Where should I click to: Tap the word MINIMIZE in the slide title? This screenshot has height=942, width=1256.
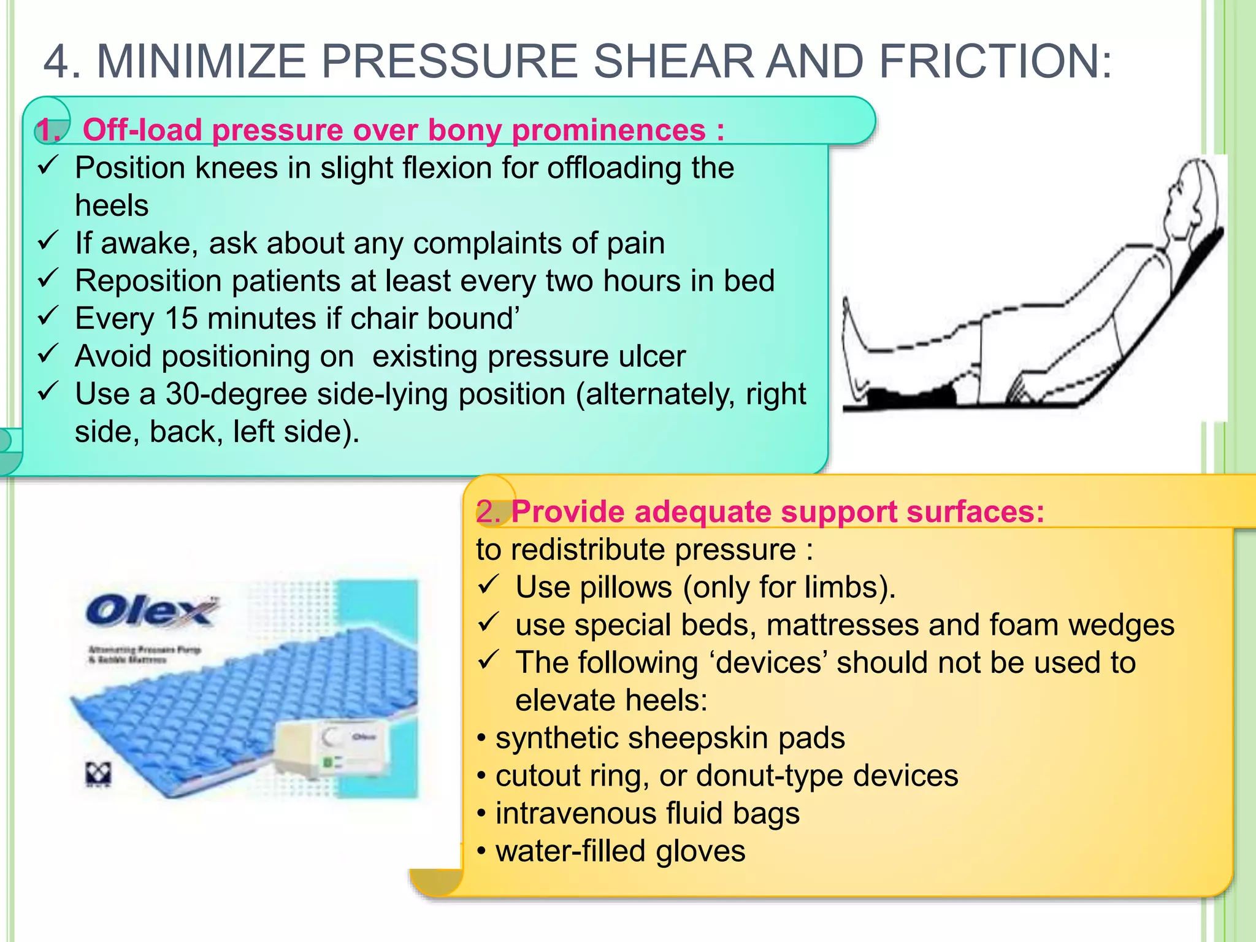201,61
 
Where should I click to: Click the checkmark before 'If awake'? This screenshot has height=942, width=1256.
48,240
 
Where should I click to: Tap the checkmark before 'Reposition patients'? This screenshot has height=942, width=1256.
48,278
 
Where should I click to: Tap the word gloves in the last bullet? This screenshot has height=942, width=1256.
700,851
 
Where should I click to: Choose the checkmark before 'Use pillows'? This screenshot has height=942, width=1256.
489,585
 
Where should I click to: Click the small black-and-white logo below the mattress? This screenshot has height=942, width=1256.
98,775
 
